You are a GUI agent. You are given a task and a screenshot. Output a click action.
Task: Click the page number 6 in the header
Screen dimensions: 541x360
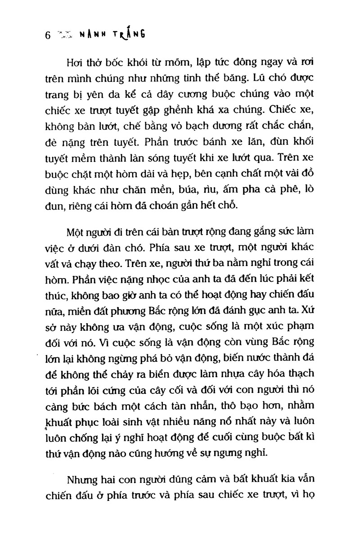(x=47, y=36)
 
